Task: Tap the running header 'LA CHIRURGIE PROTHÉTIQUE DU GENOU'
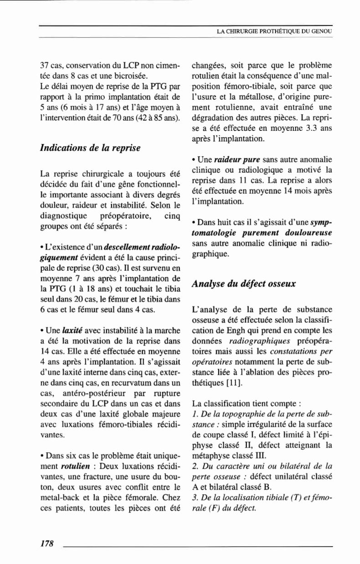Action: click(x=274, y=31)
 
